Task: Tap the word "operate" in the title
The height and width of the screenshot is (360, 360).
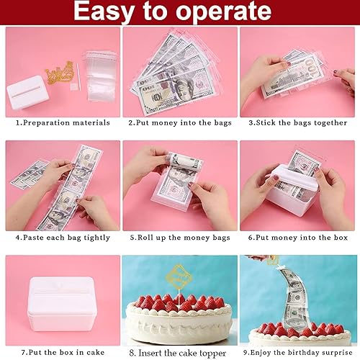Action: click(x=225, y=12)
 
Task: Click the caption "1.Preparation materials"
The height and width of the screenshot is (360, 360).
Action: click(x=63, y=122)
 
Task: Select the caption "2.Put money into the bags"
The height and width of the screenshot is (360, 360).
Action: click(x=180, y=122)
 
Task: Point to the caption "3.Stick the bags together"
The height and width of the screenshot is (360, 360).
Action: click(x=298, y=122)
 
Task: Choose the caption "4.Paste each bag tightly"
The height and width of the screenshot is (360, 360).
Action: click(x=63, y=238)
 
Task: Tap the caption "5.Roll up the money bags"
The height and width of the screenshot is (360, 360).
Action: click(x=180, y=238)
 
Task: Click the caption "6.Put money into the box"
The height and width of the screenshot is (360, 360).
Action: click(x=298, y=238)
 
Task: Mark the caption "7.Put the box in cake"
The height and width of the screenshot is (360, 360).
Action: click(x=63, y=352)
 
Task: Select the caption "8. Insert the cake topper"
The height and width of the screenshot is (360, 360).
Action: click(x=178, y=353)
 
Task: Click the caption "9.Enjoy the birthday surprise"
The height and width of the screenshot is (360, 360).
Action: click(x=298, y=353)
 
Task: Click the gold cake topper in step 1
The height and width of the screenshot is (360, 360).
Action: click(x=59, y=73)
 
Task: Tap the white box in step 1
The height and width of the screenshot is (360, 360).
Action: click(x=27, y=92)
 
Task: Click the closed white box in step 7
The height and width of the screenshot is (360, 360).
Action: click(x=62, y=304)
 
